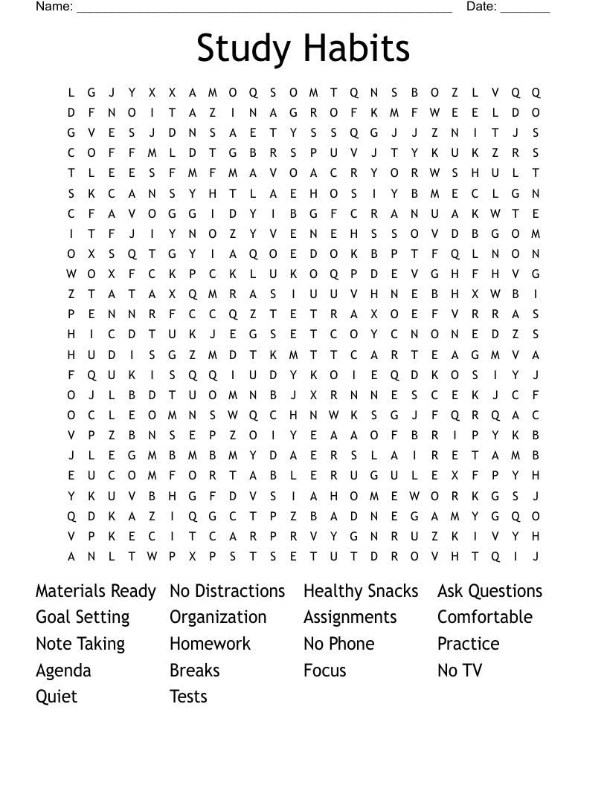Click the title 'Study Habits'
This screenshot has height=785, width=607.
pos(303,48)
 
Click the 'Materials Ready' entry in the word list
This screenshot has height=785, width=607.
pos(96,591)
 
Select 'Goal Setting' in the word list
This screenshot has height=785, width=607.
pos(83,618)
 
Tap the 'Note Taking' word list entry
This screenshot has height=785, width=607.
pos(80,644)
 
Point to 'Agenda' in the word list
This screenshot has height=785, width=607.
pos(63,671)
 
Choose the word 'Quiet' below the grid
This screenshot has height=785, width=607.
pos(57,697)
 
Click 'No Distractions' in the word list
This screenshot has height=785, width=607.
pos(228,591)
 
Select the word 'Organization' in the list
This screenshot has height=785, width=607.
pos(218,618)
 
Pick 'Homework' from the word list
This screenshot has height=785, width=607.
pos(211,644)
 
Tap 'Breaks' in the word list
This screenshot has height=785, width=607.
pos(195,671)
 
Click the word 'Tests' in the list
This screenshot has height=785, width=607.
pos(188,697)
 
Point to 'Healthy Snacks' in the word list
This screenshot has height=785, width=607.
pos(361,591)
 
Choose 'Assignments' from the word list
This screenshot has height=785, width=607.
pos(350,618)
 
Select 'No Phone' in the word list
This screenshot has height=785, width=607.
pos(339,644)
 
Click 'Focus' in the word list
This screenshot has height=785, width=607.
pos(325,671)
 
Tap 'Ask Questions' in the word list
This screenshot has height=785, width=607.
pos(490,591)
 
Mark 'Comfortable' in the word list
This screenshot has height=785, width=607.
pos(485,618)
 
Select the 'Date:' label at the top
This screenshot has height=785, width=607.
pos(481,7)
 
